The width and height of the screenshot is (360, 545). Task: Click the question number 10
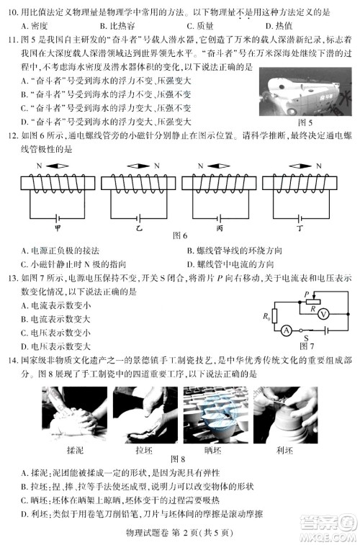click(x=12, y=12)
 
